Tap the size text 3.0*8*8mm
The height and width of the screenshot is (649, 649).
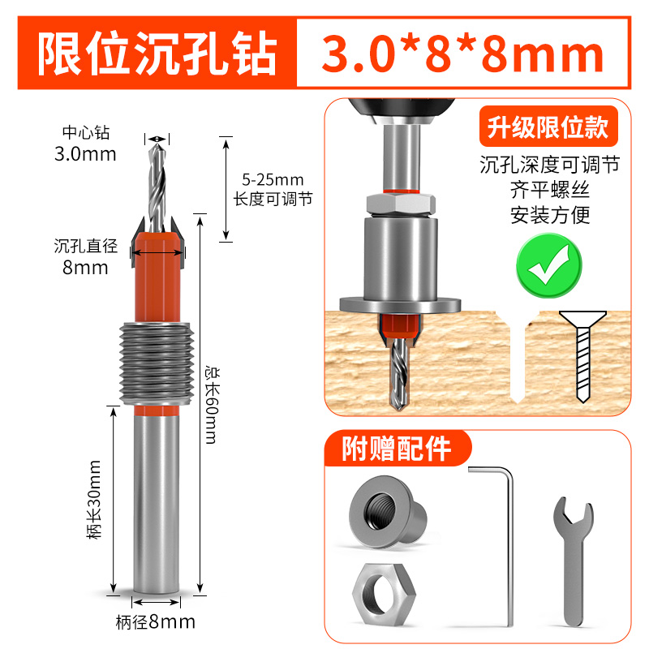[x=463, y=55]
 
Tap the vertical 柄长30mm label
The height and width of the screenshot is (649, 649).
[x=96, y=500]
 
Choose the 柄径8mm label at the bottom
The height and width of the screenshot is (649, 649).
[x=156, y=622]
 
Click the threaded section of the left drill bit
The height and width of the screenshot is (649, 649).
[x=155, y=364]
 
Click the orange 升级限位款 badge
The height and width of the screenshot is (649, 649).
[x=547, y=127]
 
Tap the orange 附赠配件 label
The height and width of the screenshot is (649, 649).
[x=396, y=449]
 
